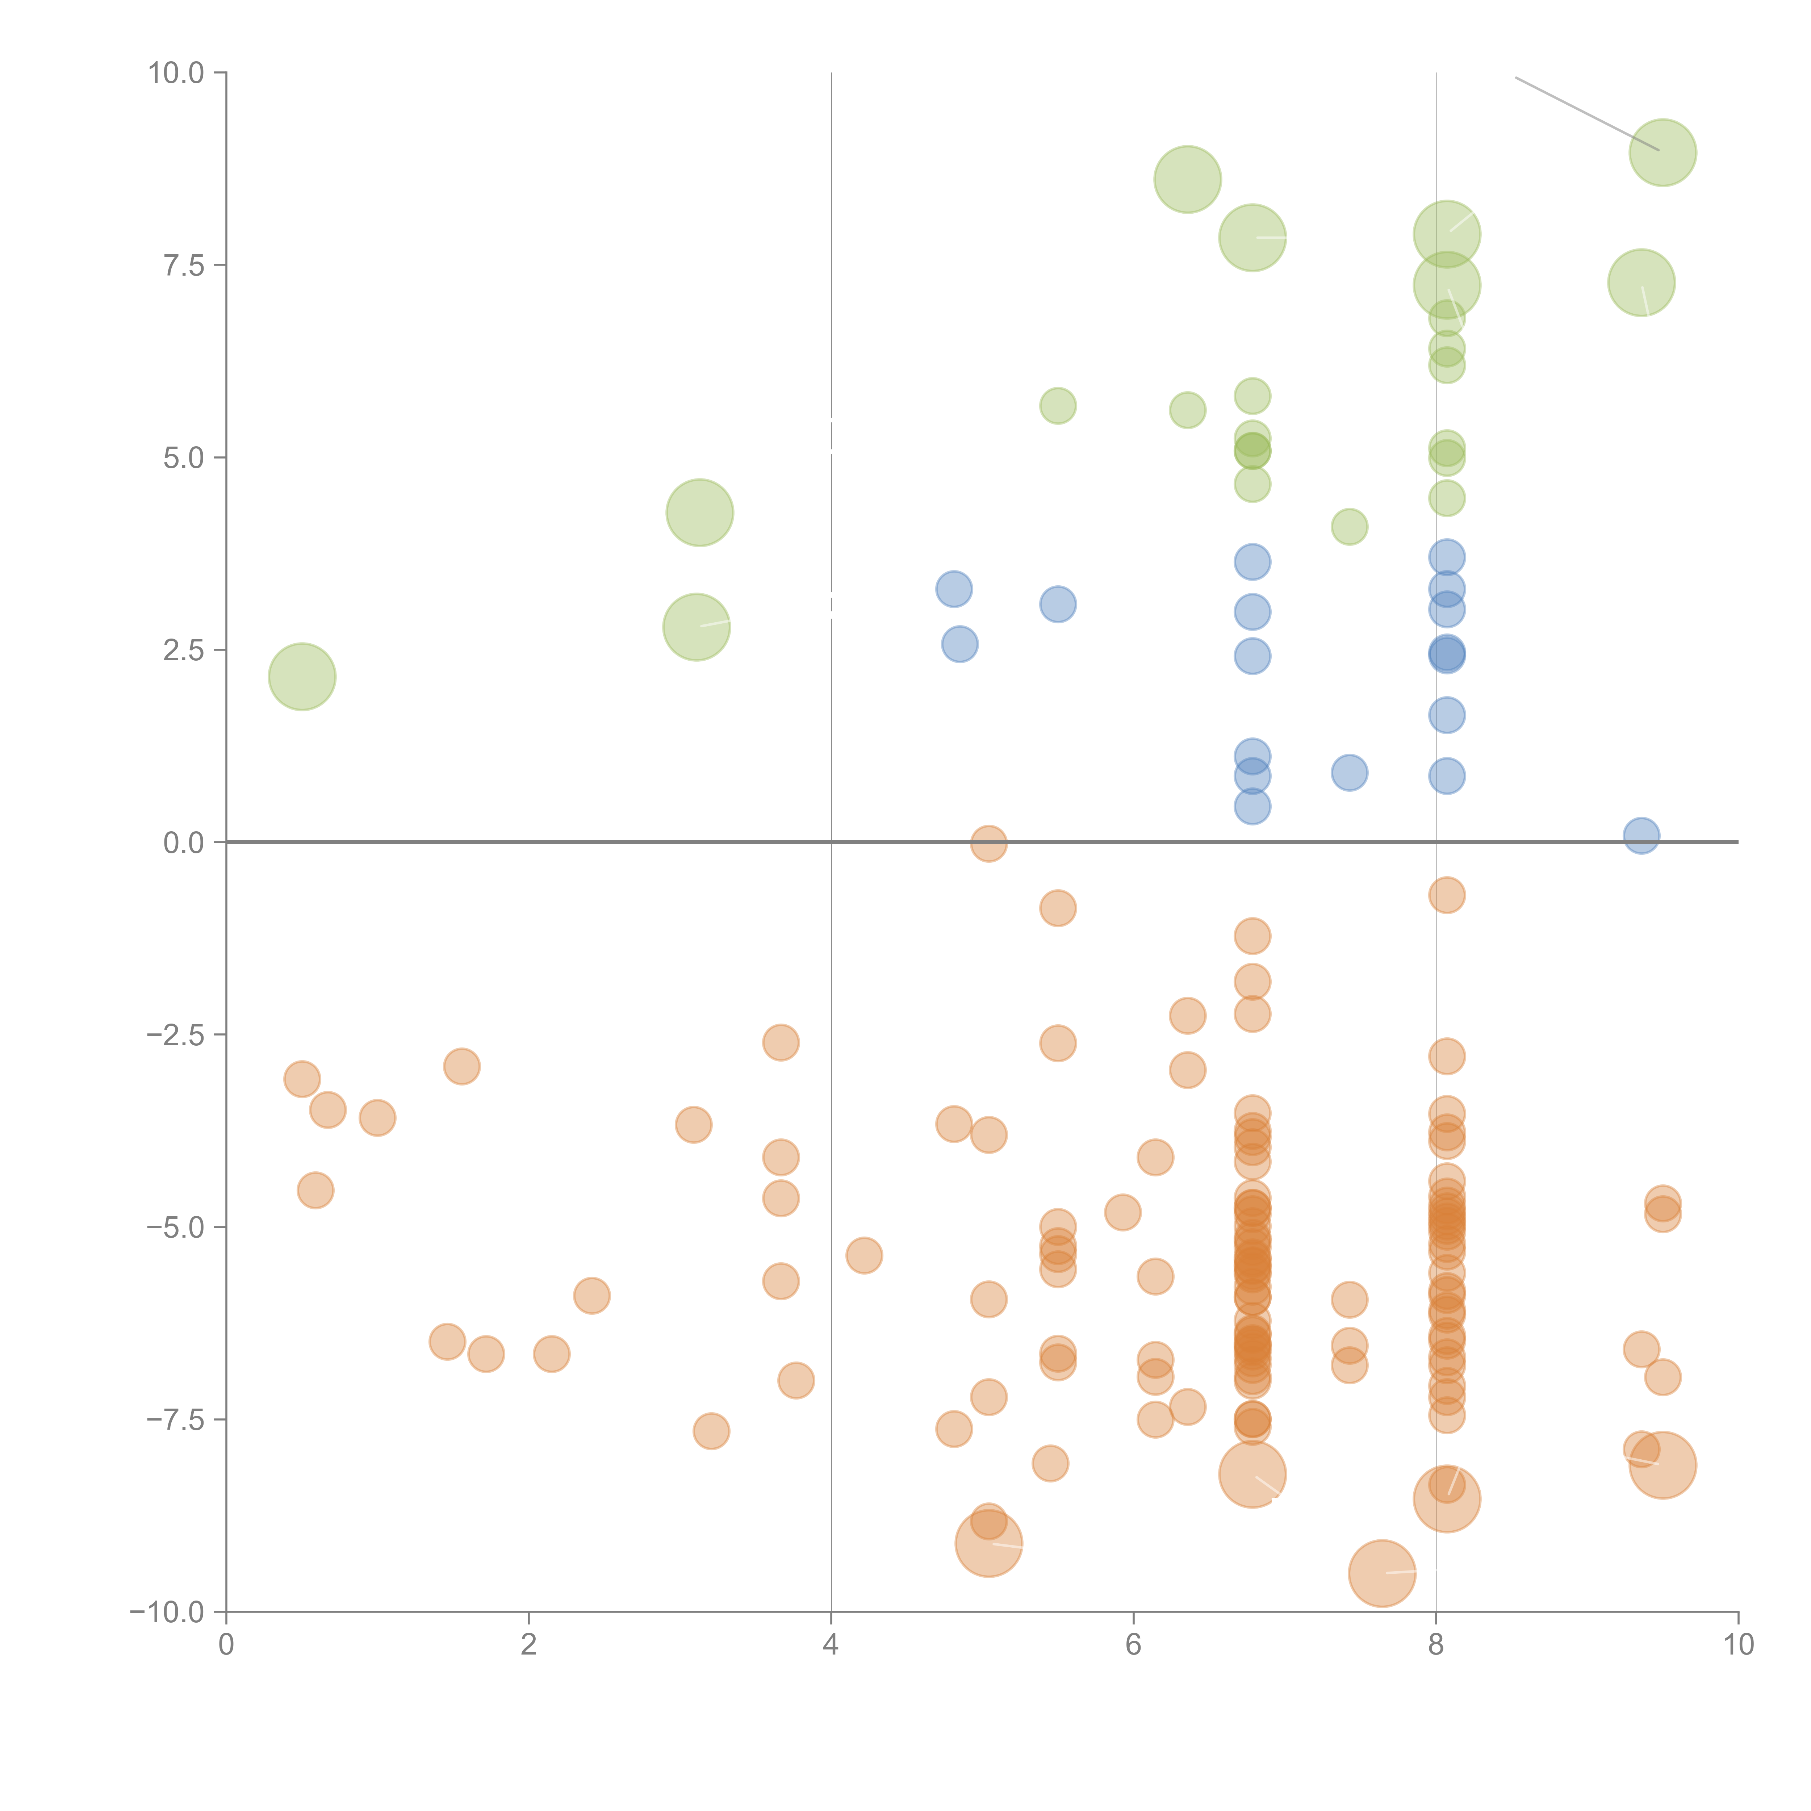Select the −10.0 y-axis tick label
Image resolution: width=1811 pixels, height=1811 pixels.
pos(167,1612)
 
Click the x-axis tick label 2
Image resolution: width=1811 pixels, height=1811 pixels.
pos(529,1645)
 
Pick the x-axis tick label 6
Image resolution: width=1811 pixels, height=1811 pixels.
pos(1133,1645)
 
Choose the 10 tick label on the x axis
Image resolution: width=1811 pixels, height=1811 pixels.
pos(1738,1645)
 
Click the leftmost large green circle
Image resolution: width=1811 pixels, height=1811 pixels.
pos(302,677)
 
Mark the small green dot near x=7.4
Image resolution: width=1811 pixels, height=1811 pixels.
pos(1349,527)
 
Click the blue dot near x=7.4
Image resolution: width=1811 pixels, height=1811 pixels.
pos(1349,773)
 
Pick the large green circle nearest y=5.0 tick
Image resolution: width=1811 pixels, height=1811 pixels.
pos(699,513)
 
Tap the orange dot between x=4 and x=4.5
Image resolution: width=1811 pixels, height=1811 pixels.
pos(863,1255)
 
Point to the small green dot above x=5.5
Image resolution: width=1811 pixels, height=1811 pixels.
pos(1057,406)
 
